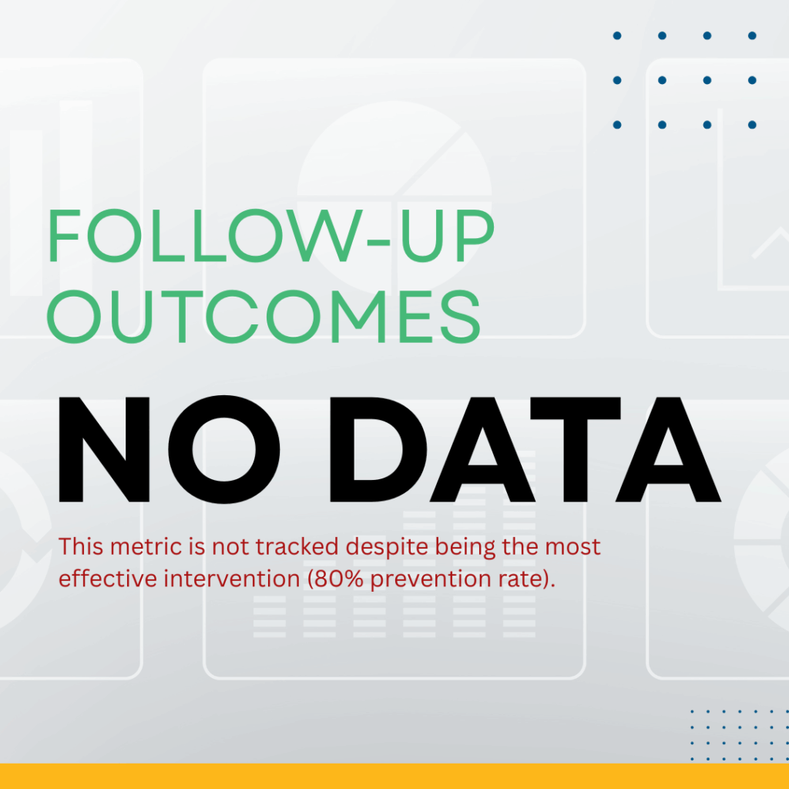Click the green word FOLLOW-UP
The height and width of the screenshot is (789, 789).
pyautogui.click(x=271, y=236)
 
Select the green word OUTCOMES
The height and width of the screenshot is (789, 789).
pyautogui.click(x=264, y=316)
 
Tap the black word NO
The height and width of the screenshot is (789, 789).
pyautogui.click(x=170, y=449)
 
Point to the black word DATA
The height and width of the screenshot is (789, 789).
pyautogui.click(x=525, y=449)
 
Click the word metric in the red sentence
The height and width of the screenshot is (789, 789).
pyautogui.click(x=146, y=546)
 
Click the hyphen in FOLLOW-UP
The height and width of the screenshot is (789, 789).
pyautogui.click(x=378, y=243)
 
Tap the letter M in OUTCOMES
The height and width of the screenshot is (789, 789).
pyautogui.click(x=358, y=317)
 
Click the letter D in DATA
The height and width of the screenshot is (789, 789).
pyautogui.click(x=378, y=449)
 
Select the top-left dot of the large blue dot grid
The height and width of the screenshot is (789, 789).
pyautogui.click(x=617, y=35)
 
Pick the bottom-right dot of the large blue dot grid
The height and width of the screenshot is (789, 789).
pyautogui.click(x=752, y=125)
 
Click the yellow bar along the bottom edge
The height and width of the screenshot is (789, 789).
pyautogui.click(x=394, y=776)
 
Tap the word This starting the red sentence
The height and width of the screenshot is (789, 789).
pyautogui.click(x=81, y=546)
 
